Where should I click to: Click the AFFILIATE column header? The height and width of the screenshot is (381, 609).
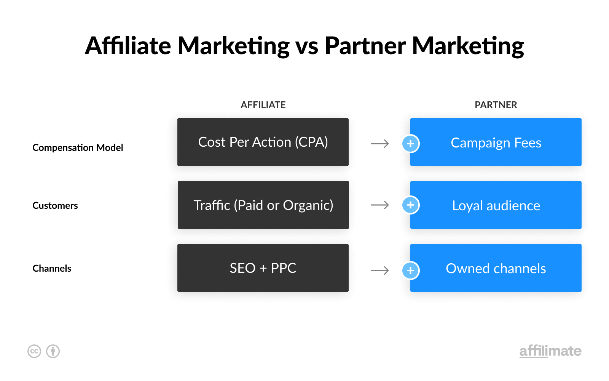click(x=263, y=105)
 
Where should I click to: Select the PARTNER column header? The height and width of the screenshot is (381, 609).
click(x=496, y=105)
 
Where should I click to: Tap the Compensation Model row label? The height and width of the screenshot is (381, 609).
click(x=78, y=147)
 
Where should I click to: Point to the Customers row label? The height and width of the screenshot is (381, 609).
click(x=55, y=205)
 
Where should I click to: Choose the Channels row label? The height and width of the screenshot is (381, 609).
click(x=52, y=268)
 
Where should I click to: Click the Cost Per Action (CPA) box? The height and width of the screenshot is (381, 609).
click(x=263, y=142)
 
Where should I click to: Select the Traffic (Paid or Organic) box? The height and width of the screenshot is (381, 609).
click(x=263, y=205)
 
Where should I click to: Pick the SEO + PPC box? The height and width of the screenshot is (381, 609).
click(x=263, y=268)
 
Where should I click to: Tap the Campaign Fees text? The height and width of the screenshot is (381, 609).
click(x=496, y=143)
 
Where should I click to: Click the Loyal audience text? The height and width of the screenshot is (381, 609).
click(x=496, y=205)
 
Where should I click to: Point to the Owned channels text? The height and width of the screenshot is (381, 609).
click(x=496, y=268)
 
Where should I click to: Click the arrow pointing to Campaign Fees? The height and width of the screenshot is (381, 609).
click(x=380, y=143)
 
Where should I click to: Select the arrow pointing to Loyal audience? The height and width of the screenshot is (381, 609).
click(x=380, y=205)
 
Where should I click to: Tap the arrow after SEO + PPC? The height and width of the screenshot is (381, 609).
click(x=380, y=271)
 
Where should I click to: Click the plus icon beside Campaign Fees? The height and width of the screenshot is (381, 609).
click(x=411, y=143)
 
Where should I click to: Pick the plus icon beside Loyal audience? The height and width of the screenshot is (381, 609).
click(x=411, y=205)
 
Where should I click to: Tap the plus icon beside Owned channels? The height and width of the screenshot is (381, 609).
click(x=411, y=270)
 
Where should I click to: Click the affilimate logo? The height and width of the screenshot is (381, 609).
click(x=550, y=351)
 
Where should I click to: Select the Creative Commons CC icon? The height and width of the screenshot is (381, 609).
click(x=34, y=351)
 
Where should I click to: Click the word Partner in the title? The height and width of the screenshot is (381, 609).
click(x=365, y=45)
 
